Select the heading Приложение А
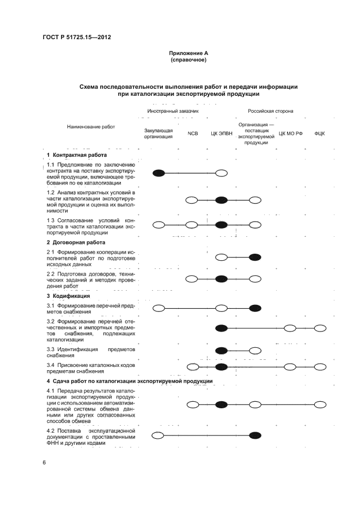pos(188,53)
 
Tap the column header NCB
pos(192,133)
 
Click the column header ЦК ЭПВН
pos(221,133)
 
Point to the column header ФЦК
pos(320,133)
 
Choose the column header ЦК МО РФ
pos(290,133)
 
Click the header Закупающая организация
pos(158,133)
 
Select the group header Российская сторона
pos(271,111)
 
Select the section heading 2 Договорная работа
pos(76,242)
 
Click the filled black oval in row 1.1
pos(158,173)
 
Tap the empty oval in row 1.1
pos(221,173)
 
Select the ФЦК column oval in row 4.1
pos(320,404)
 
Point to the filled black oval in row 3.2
pos(221,328)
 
